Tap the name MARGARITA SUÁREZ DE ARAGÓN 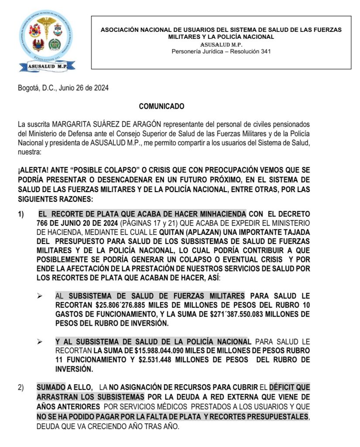[107, 125]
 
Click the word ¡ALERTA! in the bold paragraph [32, 169]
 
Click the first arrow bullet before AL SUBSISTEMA [40, 296]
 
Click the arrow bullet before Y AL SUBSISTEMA [40, 342]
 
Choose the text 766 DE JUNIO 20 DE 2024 [75, 223]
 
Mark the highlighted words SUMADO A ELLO [64, 387]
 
